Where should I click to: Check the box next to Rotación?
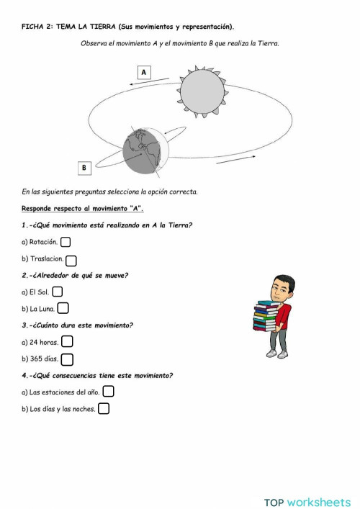(x=66, y=243)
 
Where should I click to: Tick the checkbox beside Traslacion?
(x=71, y=260)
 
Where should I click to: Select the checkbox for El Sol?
(x=58, y=292)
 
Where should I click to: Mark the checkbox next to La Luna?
(x=63, y=308)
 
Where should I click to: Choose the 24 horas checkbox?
(x=67, y=342)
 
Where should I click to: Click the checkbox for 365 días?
(x=67, y=359)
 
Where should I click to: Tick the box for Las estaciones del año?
(x=108, y=392)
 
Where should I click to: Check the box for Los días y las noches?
(x=104, y=409)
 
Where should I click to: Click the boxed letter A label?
(x=144, y=72)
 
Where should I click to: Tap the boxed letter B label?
(x=84, y=168)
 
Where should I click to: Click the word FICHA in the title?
(x=33, y=27)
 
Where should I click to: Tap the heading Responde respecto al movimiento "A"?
(x=83, y=208)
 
